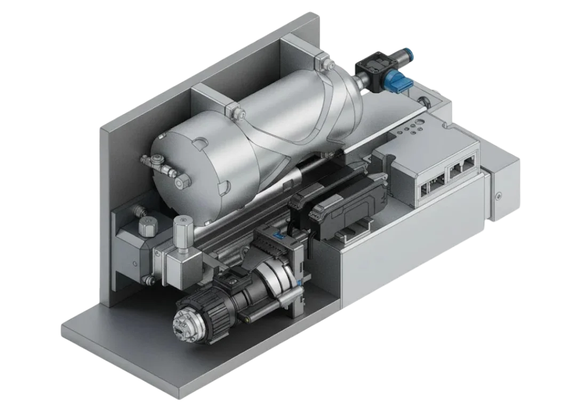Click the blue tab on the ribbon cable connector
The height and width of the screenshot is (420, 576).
pyautogui.click(x=278, y=234)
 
